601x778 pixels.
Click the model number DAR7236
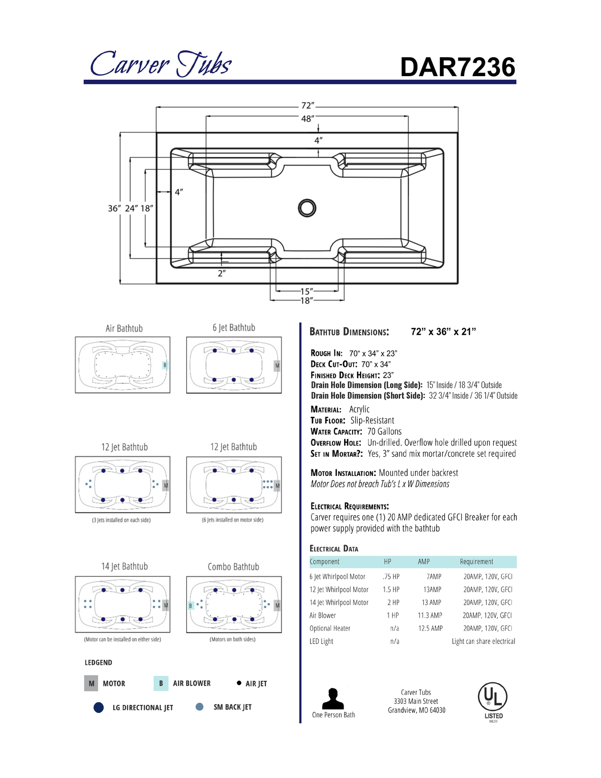point(457,67)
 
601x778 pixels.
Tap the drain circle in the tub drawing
point(307,208)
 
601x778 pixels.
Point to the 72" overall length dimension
point(308,106)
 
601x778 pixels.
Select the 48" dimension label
point(308,119)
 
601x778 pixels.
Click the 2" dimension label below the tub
point(222,273)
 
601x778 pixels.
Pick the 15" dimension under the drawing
point(307,291)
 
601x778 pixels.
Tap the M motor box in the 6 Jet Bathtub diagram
point(277,366)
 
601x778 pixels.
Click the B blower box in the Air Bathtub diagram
point(165,365)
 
